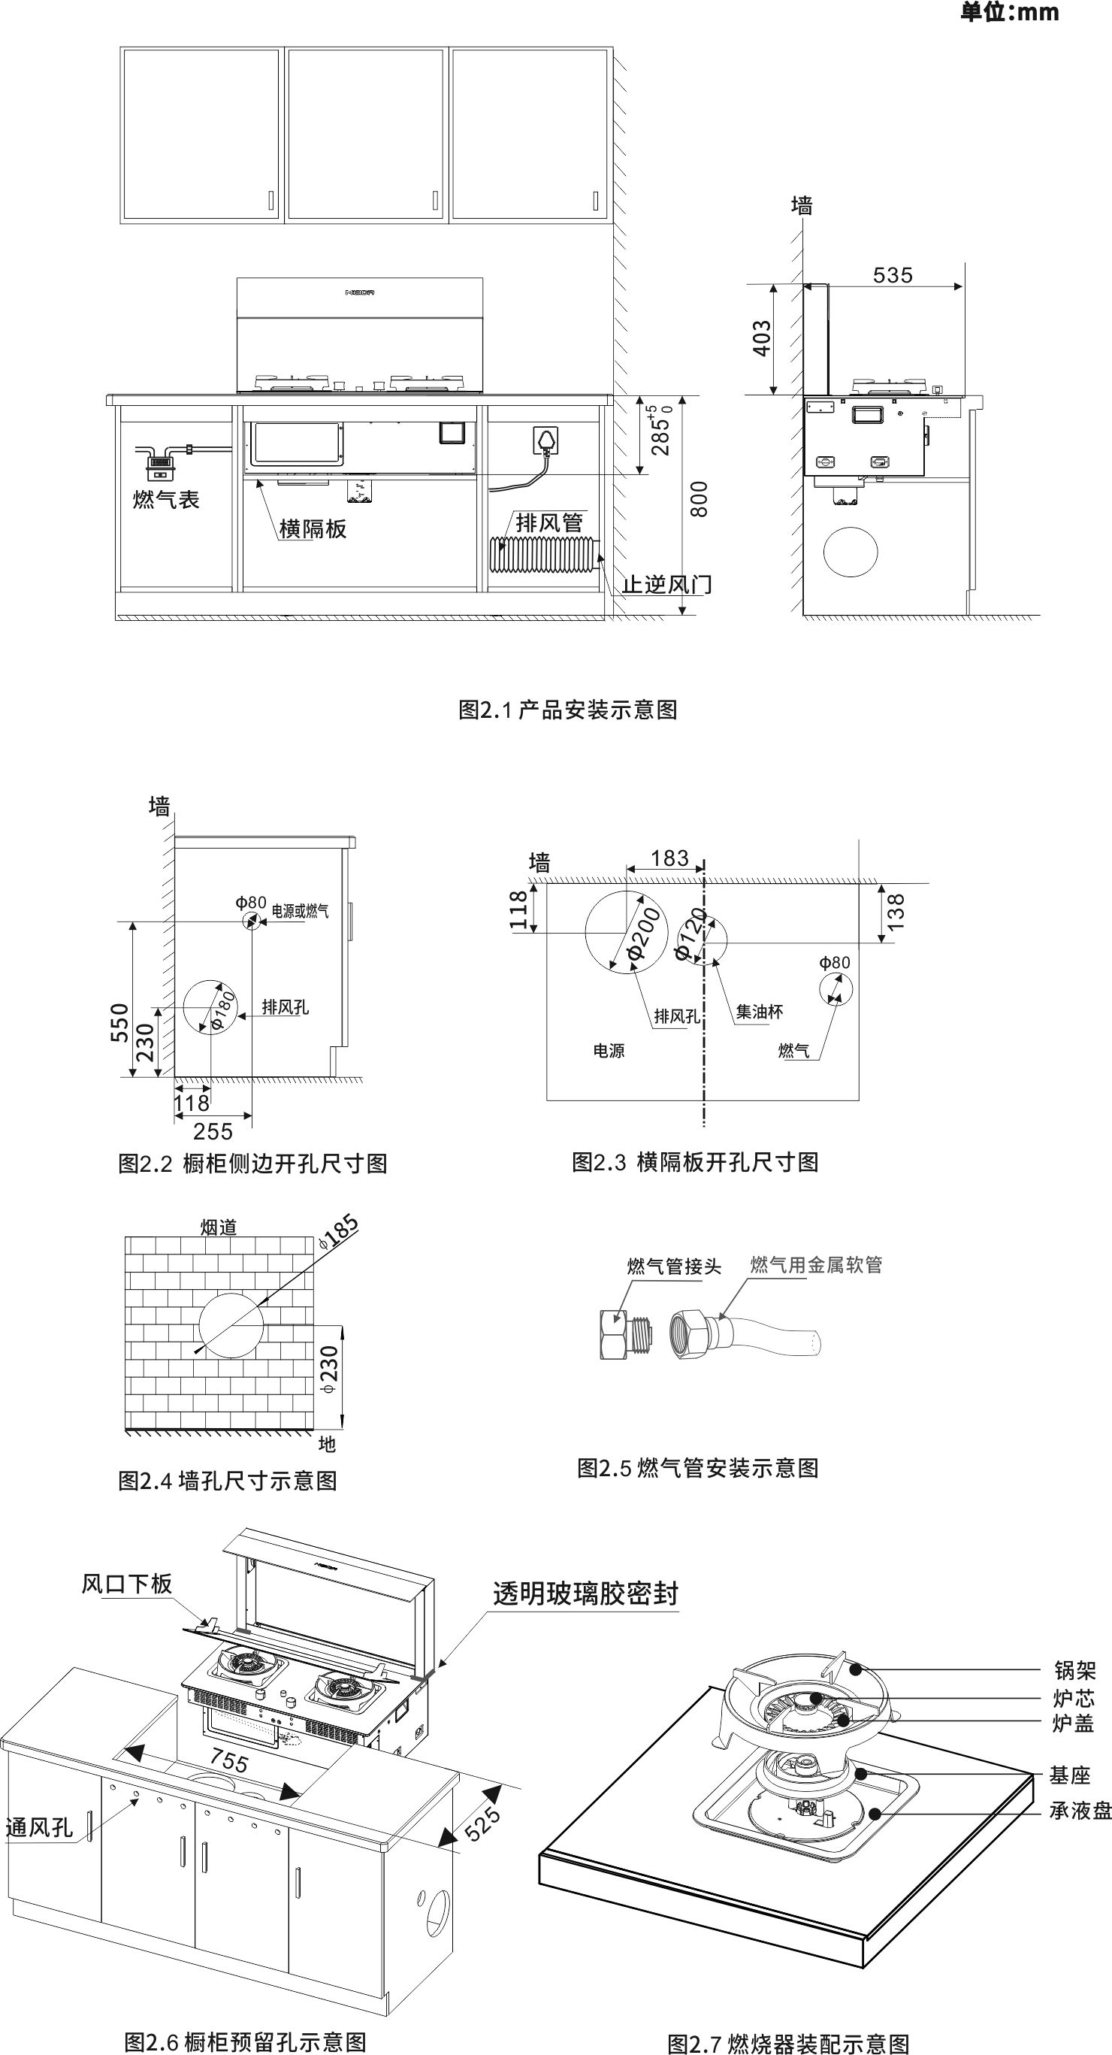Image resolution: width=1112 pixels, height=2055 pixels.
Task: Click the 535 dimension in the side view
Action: (892, 275)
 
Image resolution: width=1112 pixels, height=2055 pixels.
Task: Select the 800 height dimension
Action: (699, 499)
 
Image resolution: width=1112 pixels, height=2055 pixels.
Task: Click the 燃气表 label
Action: (166, 500)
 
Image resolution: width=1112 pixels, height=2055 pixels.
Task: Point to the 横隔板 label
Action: (313, 529)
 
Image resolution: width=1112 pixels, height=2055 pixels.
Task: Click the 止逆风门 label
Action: (667, 585)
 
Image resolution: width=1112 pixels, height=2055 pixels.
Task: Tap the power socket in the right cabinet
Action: (545, 440)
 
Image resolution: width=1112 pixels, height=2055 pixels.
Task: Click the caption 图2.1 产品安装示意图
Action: (567, 710)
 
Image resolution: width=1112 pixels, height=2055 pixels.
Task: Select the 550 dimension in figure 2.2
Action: (119, 1022)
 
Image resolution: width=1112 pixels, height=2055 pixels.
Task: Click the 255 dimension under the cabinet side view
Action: (213, 1131)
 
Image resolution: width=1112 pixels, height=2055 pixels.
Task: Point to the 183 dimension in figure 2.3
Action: (669, 858)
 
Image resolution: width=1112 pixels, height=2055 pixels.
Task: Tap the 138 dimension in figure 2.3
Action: (896, 911)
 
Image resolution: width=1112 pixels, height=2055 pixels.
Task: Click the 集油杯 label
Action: (759, 1012)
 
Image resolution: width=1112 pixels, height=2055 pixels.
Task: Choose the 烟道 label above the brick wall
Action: (219, 1227)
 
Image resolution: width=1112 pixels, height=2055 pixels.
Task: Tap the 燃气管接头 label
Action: (673, 1266)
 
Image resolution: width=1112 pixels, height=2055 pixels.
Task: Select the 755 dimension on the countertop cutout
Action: (229, 1760)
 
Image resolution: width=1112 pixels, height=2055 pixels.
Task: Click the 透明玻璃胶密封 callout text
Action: (585, 1593)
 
